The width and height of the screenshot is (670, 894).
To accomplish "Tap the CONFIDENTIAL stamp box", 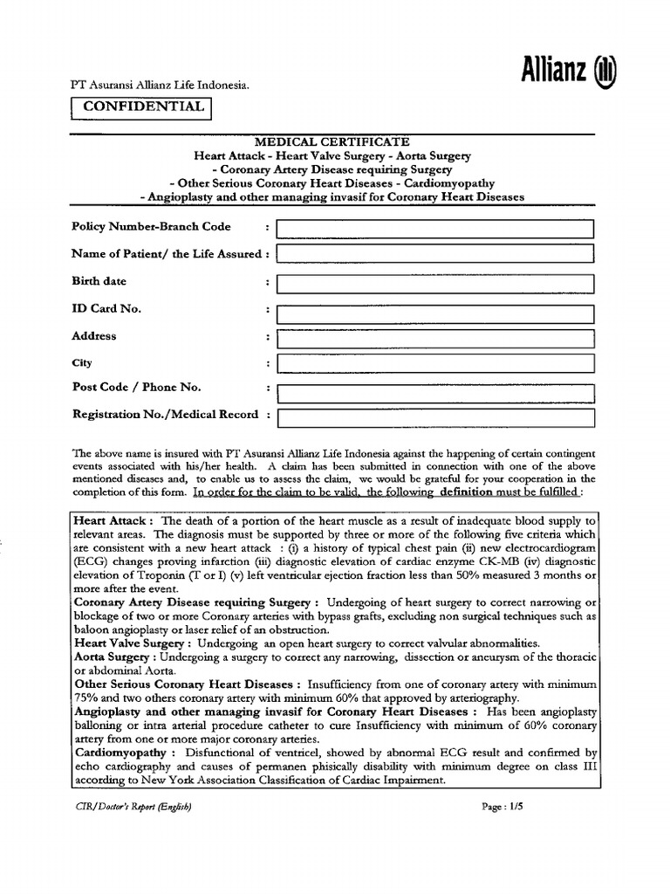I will [144, 107].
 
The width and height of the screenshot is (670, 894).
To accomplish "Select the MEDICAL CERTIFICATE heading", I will [332, 141].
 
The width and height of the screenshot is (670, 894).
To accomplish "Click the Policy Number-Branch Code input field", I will [434, 229].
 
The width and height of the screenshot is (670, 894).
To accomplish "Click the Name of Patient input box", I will [434, 254].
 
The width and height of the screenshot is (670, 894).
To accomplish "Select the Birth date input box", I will [434, 283].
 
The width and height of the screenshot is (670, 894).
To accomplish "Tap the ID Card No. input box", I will [434, 310].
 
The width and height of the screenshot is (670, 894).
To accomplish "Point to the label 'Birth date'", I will [99, 282].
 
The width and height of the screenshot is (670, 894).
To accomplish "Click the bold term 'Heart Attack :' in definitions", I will [114, 519].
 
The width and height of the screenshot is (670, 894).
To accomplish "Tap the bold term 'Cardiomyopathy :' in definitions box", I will [125, 751].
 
